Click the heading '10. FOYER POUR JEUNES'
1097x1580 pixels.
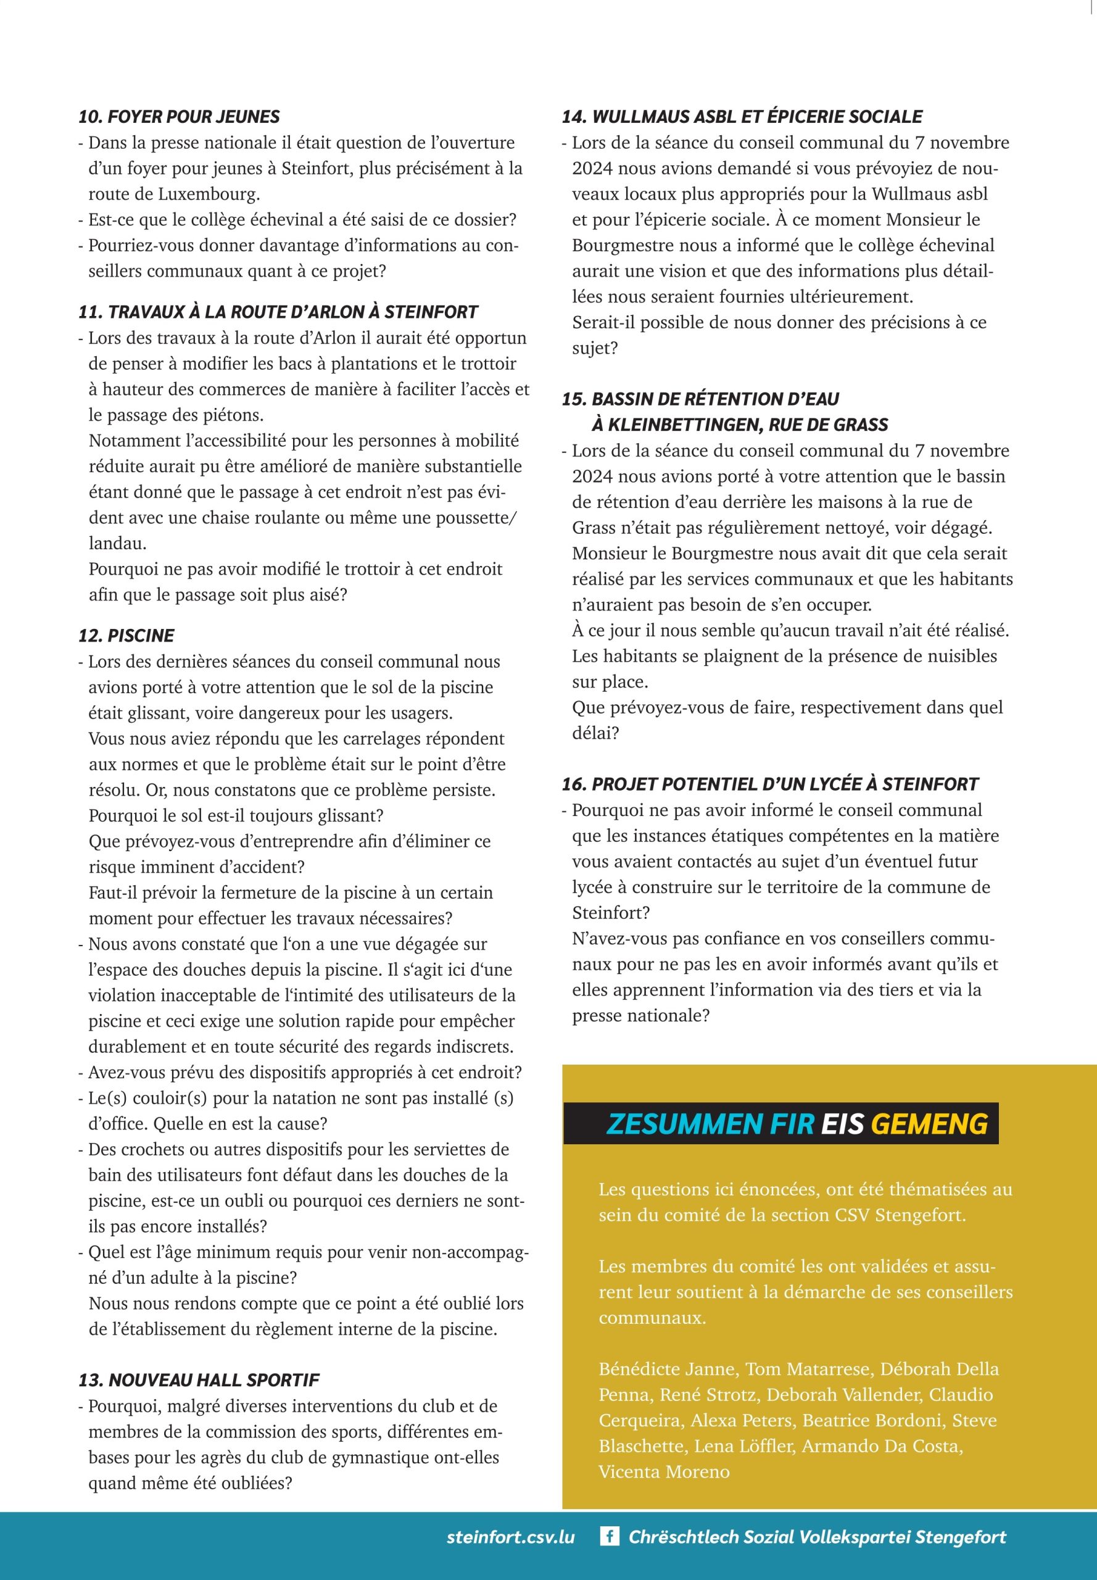179,116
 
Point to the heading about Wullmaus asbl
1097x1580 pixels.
742,116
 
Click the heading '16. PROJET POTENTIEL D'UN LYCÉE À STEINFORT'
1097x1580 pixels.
770,784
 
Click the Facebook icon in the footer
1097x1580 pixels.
609,1537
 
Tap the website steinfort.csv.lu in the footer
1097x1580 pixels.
510,1537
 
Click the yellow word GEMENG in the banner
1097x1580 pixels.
929,1123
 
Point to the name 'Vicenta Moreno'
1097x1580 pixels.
664,1471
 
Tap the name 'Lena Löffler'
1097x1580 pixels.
744,1446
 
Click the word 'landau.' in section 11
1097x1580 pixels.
117,543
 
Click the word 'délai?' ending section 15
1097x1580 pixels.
595,733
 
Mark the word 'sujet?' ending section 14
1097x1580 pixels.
595,348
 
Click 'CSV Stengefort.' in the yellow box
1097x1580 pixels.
900,1215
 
